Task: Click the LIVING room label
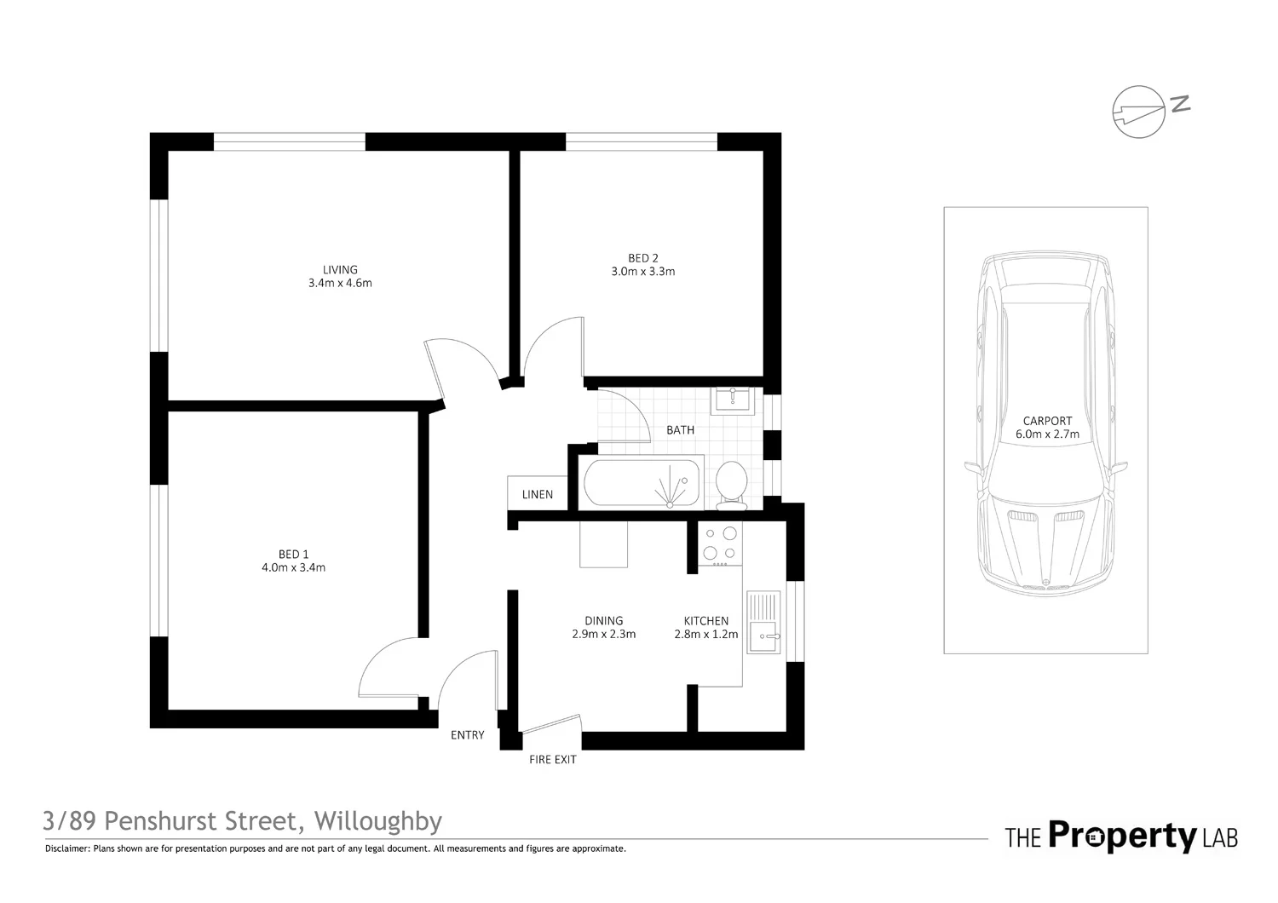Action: [x=340, y=270]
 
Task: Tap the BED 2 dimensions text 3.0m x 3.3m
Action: [x=642, y=272]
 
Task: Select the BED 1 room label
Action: [x=293, y=555]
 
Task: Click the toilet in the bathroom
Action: [x=731, y=485]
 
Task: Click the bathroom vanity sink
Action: [x=732, y=400]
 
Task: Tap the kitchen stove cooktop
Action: [x=720, y=544]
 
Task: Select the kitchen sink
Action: [x=763, y=622]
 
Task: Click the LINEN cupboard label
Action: [x=537, y=494]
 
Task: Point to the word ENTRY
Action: [x=467, y=735]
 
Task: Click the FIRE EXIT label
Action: [x=552, y=759]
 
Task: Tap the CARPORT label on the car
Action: [x=1047, y=421]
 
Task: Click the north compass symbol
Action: [x=1139, y=111]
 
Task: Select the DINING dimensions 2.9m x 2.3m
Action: [x=603, y=634]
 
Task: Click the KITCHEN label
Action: [x=705, y=621]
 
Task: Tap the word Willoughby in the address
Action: [x=378, y=821]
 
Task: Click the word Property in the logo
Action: [x=1122, y=836]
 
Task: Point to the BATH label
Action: [x=680, y=430]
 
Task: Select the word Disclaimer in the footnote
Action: [x=66, y=848]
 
